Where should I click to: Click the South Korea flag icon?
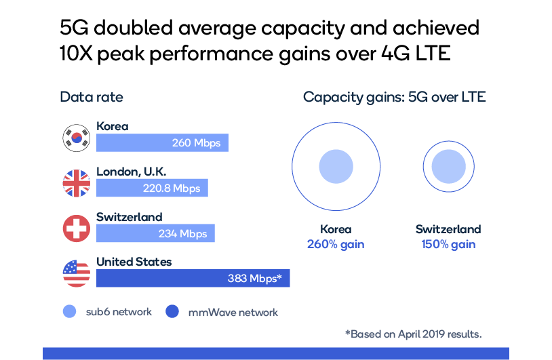[x=76, y=138]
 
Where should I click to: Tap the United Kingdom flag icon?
[x=76, y=184]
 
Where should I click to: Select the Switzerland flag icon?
[x=76, y=228]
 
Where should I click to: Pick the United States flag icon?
[x=76, y=273]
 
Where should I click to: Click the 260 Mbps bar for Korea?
[x=163, y=143]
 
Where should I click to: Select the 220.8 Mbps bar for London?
[x=152, y=188]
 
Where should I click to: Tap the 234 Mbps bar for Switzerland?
[x=155, y=233]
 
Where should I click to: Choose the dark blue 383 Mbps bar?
[x=193, y=278]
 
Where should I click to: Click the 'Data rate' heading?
[x=92, y=97]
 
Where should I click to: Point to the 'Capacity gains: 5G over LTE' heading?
[x=394, y=97]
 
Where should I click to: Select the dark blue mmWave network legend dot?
[x=172, y=312]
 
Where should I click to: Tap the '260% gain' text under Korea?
[x=336, y=244]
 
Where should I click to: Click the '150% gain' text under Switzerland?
[x=448, y=244]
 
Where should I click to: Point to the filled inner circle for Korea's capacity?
[x=336, y=167]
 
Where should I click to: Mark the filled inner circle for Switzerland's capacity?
[x=448, y=167]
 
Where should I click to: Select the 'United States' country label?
[x=134, y=262]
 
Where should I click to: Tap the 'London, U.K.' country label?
[x=131, y=172]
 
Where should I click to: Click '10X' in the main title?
[x=76, y=55]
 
